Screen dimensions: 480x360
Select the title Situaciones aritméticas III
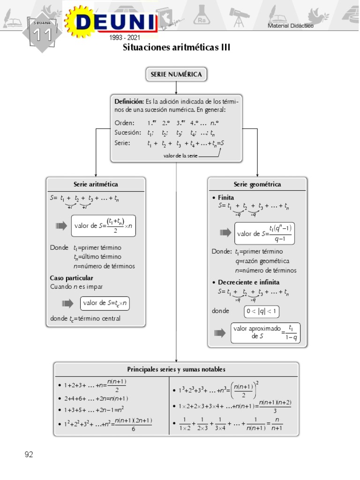(176, 48)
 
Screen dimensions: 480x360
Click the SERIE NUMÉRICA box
(176, 74)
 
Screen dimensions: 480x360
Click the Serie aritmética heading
(96, 185)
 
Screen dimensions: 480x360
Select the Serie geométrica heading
(257, 185)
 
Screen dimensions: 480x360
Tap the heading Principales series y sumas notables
(176, 369)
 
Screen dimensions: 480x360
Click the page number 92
(29, 454)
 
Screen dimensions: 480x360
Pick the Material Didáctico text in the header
(291, 26)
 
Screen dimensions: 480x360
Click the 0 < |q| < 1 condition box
(262, 311)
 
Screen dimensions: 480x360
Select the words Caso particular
(72, 278)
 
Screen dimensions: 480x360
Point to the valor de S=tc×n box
(105, 303)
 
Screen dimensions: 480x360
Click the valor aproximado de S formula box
(265, 333)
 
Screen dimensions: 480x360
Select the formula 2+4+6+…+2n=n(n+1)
(96, 398)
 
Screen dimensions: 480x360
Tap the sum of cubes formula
(218, 389)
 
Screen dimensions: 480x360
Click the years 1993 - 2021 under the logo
(124, 37)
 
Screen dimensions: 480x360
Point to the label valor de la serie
(180, 156)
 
